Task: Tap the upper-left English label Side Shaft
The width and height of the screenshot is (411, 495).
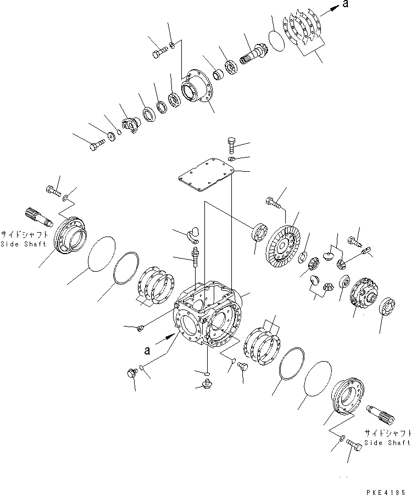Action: [x=20, y=244]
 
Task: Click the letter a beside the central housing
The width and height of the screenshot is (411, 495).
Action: [x=146, y=349]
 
